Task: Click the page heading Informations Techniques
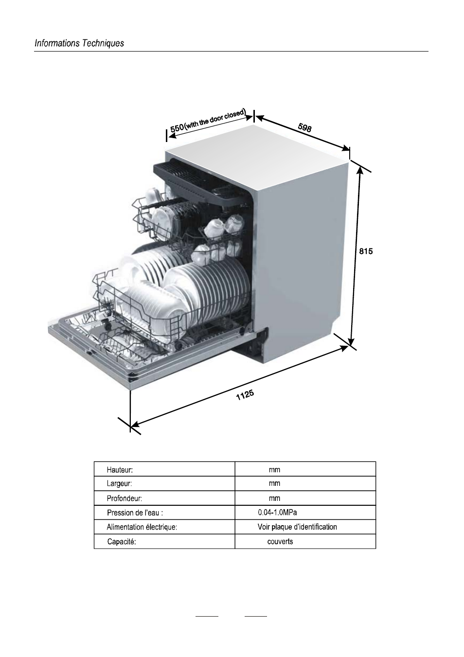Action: click(79, 43)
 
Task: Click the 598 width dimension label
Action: click(304, 128)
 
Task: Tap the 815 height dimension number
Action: click(366, 251)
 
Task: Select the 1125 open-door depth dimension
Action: click(245, 395)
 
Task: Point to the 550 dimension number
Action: click(177, 127)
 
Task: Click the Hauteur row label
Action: click(120, 470)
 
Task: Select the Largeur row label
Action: click(119, 484)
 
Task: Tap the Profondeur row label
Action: click(124, 498)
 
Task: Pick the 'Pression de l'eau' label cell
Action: click(138, 513)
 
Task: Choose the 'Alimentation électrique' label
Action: click(142, 527)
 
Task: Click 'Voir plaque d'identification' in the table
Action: click(297, 527)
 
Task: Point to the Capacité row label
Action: click(121, 542)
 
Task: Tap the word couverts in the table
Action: click(280, 541)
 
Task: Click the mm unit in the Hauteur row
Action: click(274, 470)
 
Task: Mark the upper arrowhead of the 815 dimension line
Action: click(360, 170)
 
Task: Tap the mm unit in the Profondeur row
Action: click(274, 498)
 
